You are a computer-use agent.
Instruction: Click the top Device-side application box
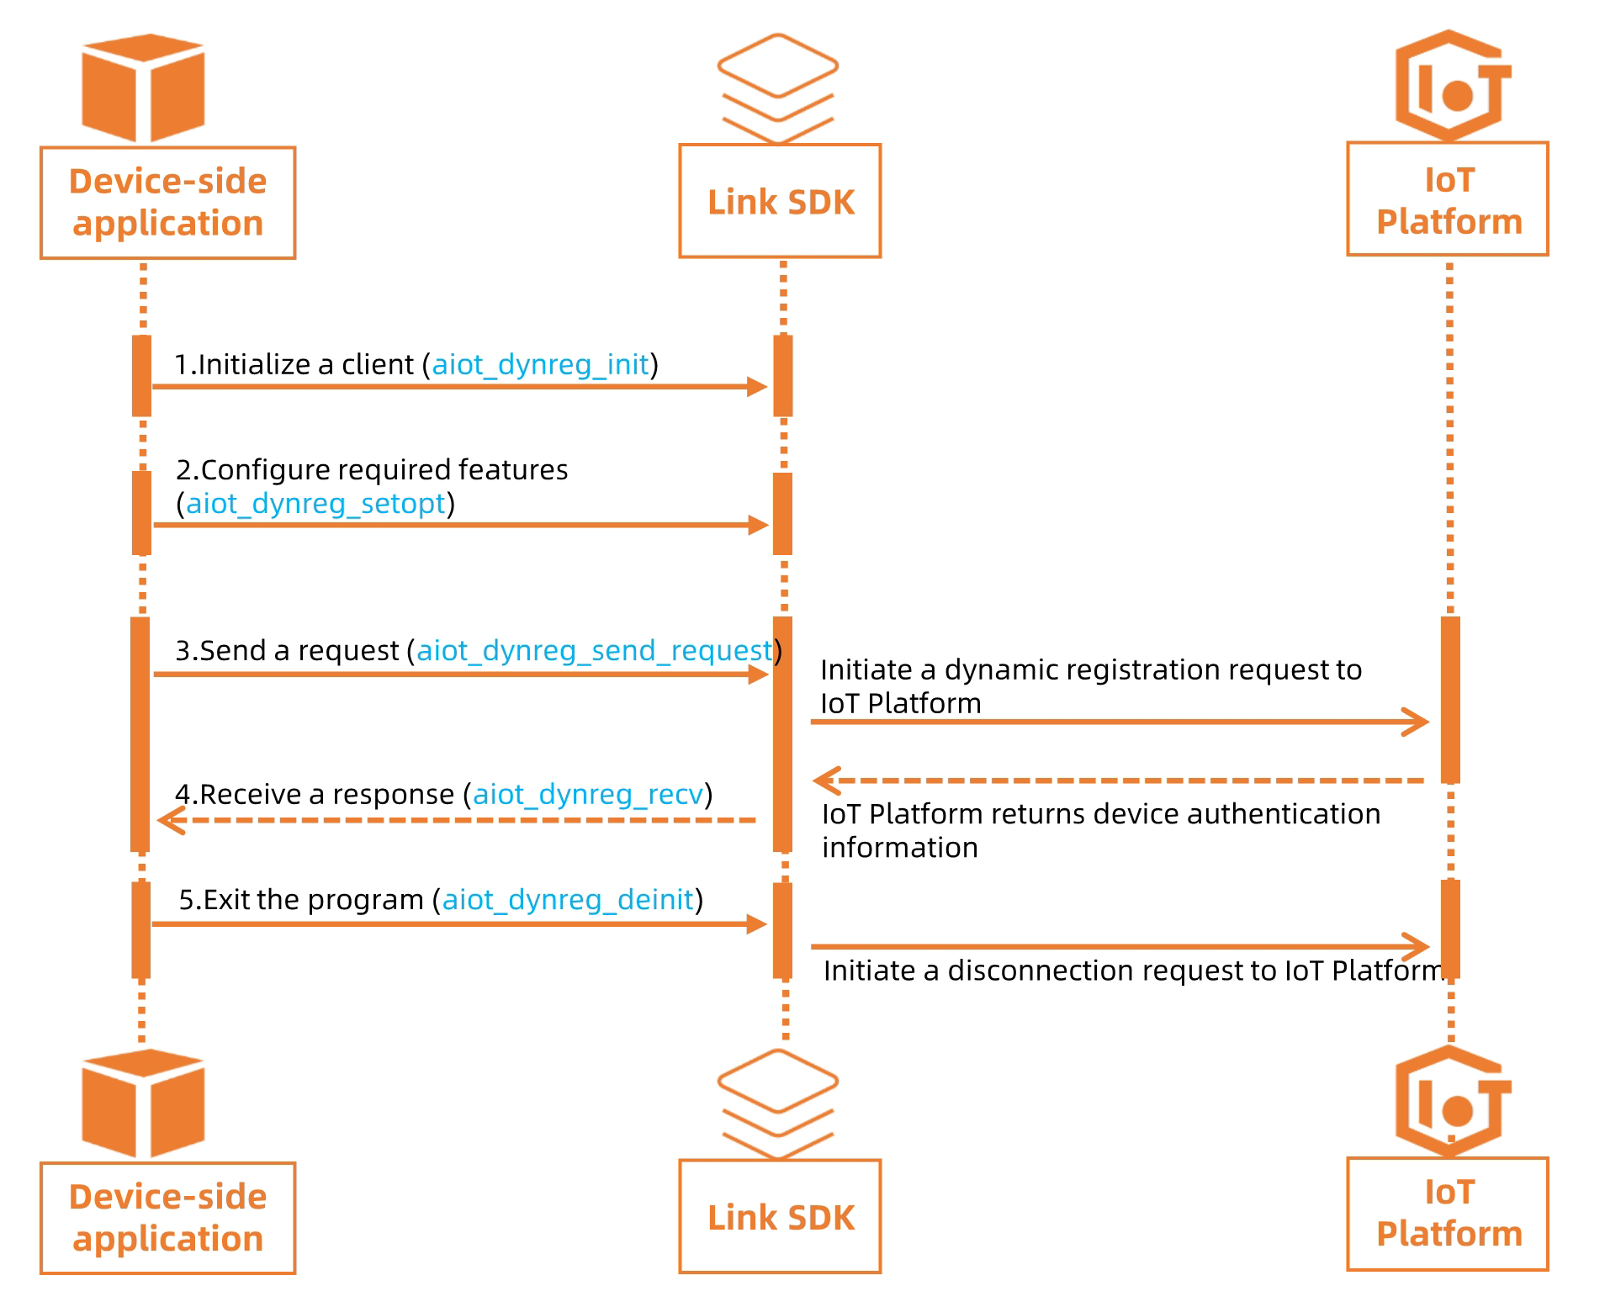(167, 203)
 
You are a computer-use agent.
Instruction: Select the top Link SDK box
(779, 201)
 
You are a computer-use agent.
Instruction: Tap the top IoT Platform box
(1447, 199)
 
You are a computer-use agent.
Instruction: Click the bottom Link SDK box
(779, 1216)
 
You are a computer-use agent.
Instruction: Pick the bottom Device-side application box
(167, 1218)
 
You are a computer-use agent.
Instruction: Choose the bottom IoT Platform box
(1447, 1214)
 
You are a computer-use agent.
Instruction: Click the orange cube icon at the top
(143, 87)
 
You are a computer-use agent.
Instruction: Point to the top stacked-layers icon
(777, 87)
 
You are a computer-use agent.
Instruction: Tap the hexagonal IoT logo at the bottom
(1451, 1103)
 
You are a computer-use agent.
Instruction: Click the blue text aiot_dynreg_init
(540, 364)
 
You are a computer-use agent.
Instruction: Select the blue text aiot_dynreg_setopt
(315, 503)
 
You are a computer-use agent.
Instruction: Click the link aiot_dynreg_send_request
(594, 650)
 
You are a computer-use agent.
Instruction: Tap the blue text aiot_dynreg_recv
(587, 794)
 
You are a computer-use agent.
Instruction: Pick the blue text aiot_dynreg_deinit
(568, 899)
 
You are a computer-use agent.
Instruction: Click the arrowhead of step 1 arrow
(757, 387)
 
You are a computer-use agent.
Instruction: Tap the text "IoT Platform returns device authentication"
(1100, 814)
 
